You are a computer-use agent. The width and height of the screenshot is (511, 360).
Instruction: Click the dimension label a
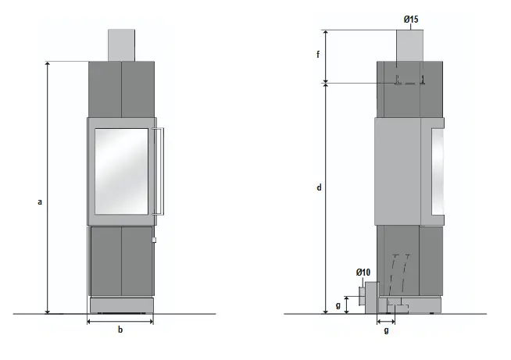(40, 202)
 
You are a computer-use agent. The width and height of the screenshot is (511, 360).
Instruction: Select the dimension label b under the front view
(120, 330)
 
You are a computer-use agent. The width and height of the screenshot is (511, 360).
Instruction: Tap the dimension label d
(319, 187)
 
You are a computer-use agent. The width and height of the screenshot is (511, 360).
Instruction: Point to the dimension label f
(318, 54)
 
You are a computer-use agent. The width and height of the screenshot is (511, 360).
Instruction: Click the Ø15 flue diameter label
(411, 20)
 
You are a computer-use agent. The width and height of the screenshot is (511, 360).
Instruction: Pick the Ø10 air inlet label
(363, 272)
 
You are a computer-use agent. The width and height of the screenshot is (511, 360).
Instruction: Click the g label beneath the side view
(386, 330)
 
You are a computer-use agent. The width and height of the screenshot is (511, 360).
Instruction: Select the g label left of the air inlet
(338, 305)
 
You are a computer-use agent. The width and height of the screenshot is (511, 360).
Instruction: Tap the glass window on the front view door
(121, 171)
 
